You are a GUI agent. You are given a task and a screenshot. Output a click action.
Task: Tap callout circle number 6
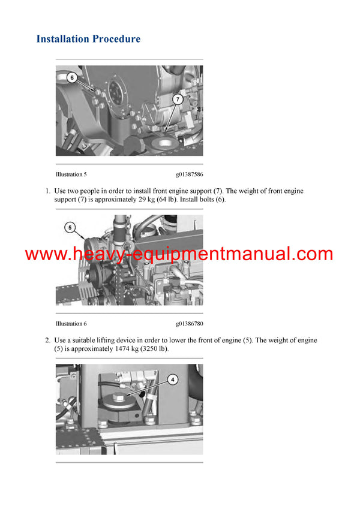pos(71,77)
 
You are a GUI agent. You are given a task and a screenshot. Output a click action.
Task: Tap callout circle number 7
pos(178,98)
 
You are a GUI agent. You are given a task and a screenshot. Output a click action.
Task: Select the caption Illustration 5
pos(71,174)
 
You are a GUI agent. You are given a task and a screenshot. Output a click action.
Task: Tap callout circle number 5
pos(70,227)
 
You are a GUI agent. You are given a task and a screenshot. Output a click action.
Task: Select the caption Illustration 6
pos(71,324)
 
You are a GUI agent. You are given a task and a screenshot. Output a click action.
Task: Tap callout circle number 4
pos(172,379)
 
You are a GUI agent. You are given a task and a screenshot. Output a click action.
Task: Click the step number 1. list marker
pos(47,191)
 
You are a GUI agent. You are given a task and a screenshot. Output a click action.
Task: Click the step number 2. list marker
pos(47,341)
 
